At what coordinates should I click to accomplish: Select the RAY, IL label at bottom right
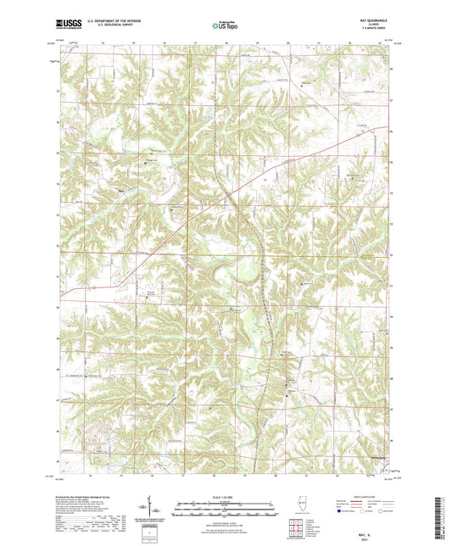point(372,531)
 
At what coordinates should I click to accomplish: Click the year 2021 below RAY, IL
point(372,537)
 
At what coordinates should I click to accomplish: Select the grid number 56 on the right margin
point(391,132)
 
